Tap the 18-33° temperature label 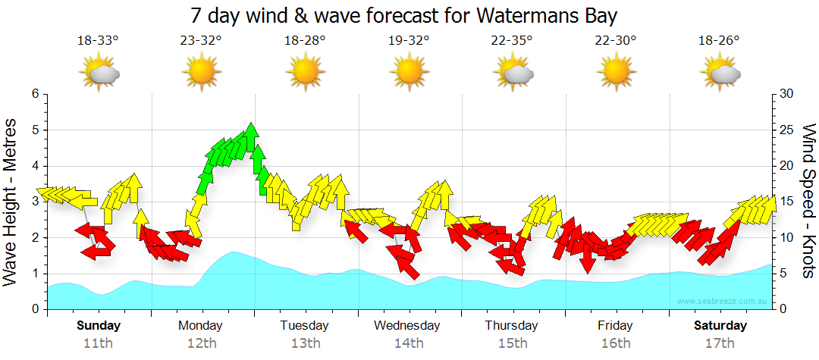pyautogui.click(x=98, y=40)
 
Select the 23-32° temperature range pyautogui.click(x=201, y=40)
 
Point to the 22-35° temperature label pyautogui.click(x=512, y=40)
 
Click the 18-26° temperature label pyautogui.click(x=719, y=40)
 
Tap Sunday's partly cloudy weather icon pyautogui.click(x=99, y=74)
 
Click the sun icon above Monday pyautogui.click(x=201, y=74)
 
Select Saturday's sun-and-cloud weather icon pyautogui.click(x=720, y=74)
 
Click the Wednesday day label pyautogui.click(x=407, y=326)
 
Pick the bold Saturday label pyautogui.click(x=721, y=326)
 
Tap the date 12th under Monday pyautogui.click(x=201, y=343)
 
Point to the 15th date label pyautogui.click(x=512, y=343)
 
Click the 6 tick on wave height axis pyautogui.click(x=34, y=94)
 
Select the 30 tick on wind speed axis pyautogui.click(x=786, y=94)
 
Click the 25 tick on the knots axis pyautogui.click(x=786, y=130)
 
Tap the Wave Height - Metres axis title pyautogui.click(x=11, y=201)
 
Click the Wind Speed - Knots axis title pyautogui.click(x=808, y=201)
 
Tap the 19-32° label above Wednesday pyautogui.click(x=409, y=40)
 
